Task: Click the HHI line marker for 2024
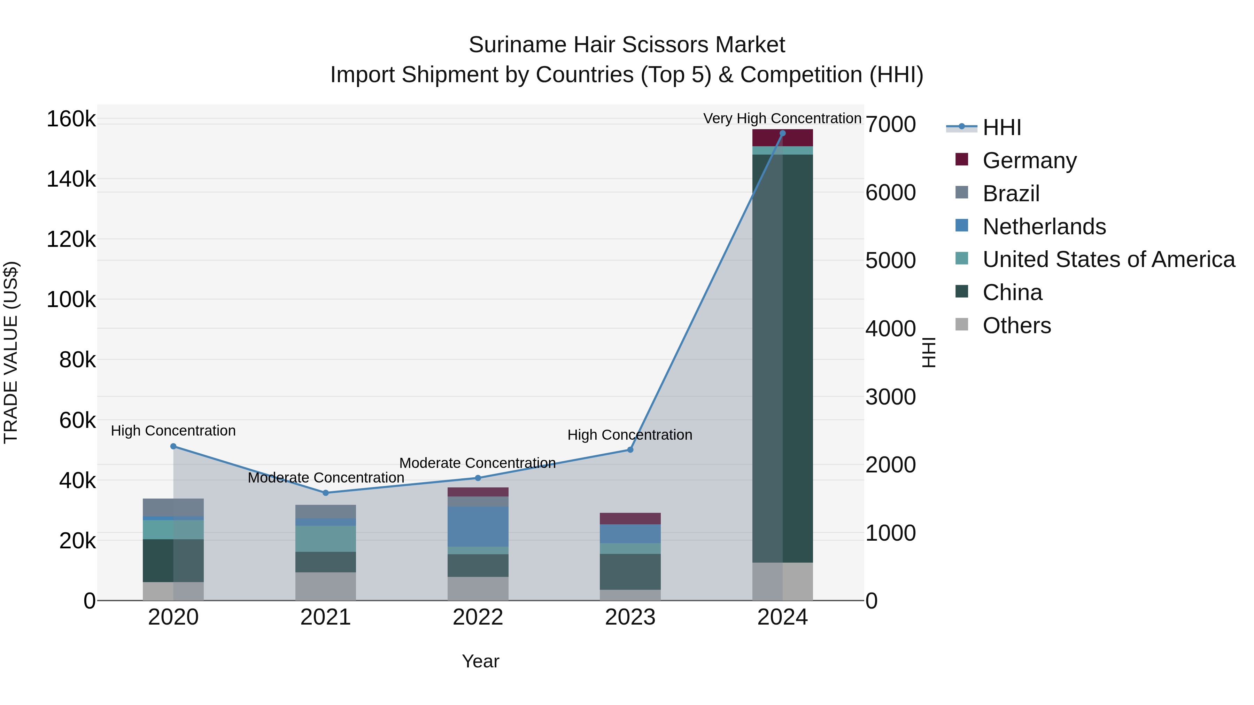coord(782,133)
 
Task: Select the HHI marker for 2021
coord(326,493)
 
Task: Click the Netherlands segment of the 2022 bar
coord(478,526)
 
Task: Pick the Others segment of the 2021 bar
coord(325,586)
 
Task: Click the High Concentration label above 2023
coord(629,434)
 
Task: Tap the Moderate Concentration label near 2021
coord(326,478)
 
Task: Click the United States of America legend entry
coord(1108,259)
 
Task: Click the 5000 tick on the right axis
coord(890,261)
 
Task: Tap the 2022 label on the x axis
coord(478,617)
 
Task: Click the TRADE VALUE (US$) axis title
coord(11,352)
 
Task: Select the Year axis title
coord(480,661)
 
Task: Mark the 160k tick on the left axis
coord(71,119)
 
